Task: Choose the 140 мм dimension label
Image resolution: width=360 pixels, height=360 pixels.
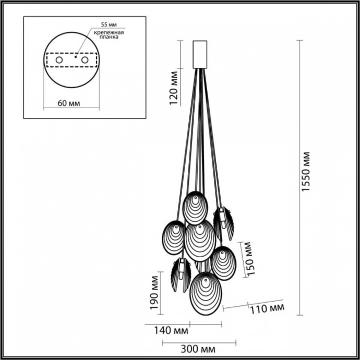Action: pos(171,330)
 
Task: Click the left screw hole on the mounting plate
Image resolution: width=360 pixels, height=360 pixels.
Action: pos(58,61)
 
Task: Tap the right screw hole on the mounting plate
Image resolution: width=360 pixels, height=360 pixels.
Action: pos(84,61)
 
